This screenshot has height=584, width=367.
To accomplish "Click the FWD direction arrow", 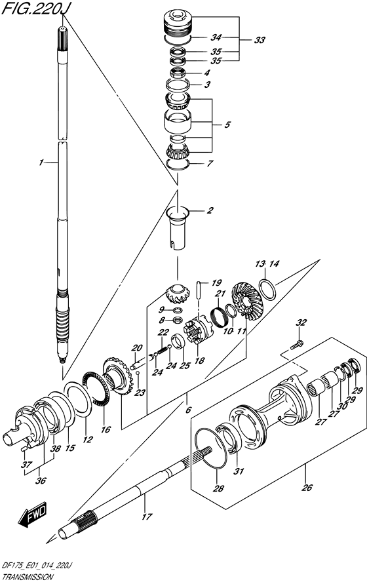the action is point(32,515).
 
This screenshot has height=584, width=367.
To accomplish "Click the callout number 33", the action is point(260,40).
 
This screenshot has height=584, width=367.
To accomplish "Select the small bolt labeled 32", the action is point(297,345).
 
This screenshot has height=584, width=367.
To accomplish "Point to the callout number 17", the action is point(147,516).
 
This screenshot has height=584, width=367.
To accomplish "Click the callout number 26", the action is point(307,487).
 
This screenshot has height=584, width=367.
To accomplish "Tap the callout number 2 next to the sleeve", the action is point(210,210).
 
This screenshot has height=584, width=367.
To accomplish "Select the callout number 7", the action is point(210,163).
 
